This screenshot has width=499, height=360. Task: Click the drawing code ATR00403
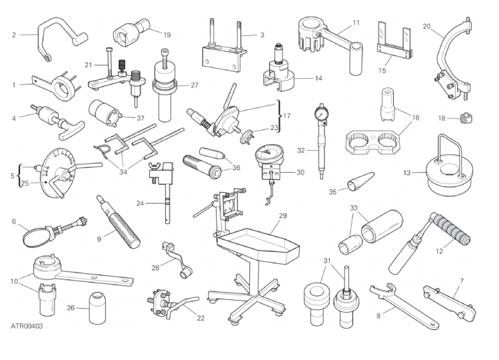click(x=27, y=326)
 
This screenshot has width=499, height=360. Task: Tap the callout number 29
click(x=282, y=216)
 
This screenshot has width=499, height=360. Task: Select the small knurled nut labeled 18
click(x=467, y=118)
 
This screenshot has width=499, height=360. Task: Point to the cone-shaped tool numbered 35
click(x=360, y=181)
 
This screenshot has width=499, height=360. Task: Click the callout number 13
click(x=406, y=173)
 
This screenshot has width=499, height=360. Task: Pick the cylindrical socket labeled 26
click(x=97, y=308)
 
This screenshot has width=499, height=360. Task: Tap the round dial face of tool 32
click(x=322, y=113)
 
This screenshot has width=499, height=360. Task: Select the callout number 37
click(x=141, y=118)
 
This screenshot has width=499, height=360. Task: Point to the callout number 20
click(x=426, y=27)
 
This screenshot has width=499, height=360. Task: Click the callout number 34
click(x=123, y=172)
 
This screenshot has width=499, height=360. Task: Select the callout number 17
click(x=286, y=115)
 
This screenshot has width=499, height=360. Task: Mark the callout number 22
click(x=201, y=318)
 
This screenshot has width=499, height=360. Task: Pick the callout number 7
click(x=462, y=281)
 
